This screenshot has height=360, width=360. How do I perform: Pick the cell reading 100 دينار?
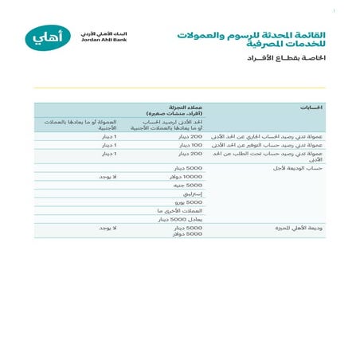pos(191,146)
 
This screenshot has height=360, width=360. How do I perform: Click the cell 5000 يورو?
pos(190,202)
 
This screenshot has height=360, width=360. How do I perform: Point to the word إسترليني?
pos(193,194)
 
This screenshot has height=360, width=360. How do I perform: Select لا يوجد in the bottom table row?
pos(106,228)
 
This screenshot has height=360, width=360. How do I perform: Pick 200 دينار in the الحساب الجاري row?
pos(191,137)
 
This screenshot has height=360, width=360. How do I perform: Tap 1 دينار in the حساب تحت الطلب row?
pos(108,154)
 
